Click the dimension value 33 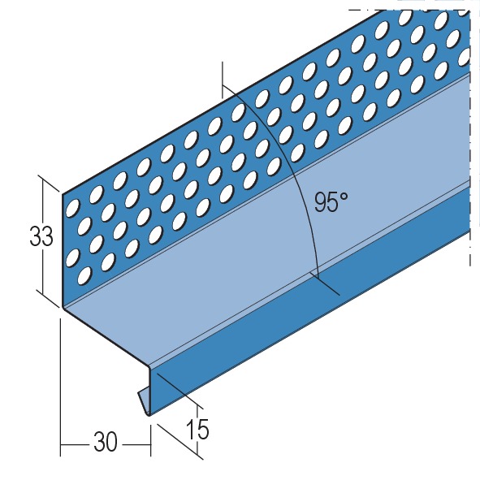(41, 236)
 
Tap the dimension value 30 (106, 442)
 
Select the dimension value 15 (197, 429)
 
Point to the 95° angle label (331, 202)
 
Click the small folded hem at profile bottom (144, 398)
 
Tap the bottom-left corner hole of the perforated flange (84, 275)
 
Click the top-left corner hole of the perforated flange (72, 207)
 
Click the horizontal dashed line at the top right (409, 10)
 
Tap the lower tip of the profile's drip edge (149, 415)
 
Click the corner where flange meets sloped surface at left (63, 307)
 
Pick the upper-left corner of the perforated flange (63, 194)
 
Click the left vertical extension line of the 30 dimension (61, 387)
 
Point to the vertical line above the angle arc (223, 80)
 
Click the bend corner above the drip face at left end (149, 366)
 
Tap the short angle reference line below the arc (325, 285)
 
